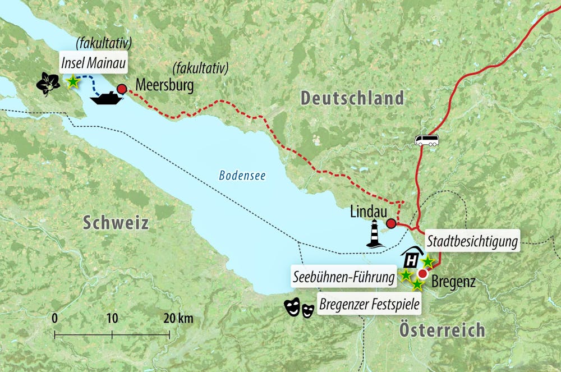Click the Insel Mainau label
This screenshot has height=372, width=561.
tap(93, 61)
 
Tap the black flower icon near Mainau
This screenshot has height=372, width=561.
tap(49, 83)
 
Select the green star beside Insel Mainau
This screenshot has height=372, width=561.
tap(72, 82)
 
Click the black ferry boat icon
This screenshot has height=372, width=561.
tap(107, 99)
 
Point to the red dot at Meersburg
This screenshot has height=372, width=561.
tap(121, 88)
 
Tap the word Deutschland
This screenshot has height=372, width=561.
tap(352, 98)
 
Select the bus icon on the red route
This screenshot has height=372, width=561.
tap(427, 140)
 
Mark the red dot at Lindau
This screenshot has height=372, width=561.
tap(391, 224)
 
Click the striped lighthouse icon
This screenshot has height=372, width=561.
tap(373, 233)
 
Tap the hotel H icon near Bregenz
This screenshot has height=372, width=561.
tap(412, 259)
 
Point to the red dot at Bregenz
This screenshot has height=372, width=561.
tap(422, 273)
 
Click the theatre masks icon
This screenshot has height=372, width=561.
tap(298, 308)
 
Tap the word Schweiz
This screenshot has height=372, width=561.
tap(116, 223)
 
